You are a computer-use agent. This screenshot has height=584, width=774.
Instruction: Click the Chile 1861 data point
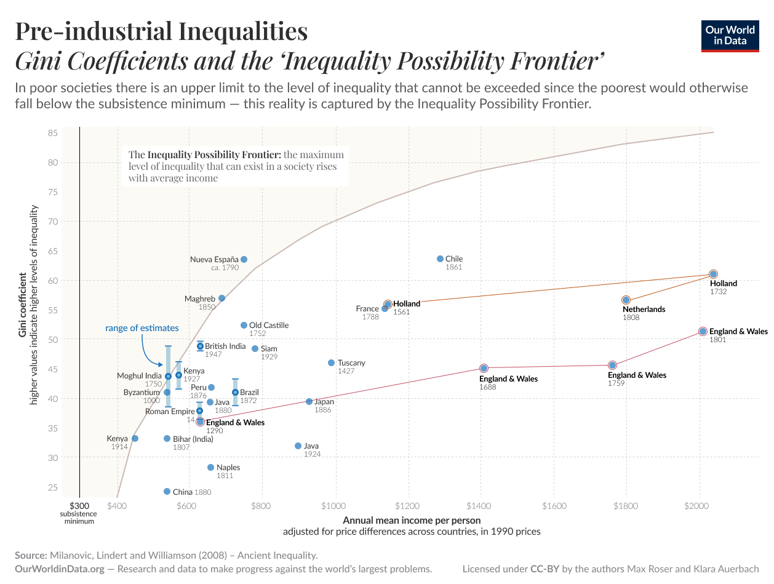[x=440, y=259]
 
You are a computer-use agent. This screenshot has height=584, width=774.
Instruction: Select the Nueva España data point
[x=244, y=260]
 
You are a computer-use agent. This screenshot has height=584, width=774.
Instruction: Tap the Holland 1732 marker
[x=713, y=274]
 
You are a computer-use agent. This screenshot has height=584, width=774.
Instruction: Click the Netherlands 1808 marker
[x=626, y=300]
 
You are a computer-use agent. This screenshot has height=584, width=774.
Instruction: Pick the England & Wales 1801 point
[x=703, y=332]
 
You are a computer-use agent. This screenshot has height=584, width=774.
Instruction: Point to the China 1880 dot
[x=167, y=492]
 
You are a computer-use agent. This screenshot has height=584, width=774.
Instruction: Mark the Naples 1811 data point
[x=210, y=468]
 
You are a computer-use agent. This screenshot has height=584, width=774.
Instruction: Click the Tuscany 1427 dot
[x=331, y=363]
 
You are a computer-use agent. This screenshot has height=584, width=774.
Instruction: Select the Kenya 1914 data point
[x=135, y=439]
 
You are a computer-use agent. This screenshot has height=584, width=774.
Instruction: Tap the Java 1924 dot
[x=298, y=446]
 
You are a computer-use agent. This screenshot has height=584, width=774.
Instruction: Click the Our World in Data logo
[x=730, y=36]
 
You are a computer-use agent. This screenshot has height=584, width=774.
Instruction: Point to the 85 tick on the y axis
[x=52, y=133]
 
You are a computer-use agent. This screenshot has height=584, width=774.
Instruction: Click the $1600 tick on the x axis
[x=554, y=506]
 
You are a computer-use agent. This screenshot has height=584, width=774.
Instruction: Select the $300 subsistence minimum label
[x=79, y=506]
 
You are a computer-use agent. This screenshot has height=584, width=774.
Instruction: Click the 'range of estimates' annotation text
[x=142, y=328]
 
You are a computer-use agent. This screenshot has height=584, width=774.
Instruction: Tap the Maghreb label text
[x=200, y=299]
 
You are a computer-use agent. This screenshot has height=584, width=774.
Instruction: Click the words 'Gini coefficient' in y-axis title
[x=23, y=305]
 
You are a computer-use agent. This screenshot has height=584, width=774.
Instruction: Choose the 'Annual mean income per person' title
[x=412, y=520]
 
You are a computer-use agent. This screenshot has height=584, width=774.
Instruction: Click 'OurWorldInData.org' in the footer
[x=60, y=569]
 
